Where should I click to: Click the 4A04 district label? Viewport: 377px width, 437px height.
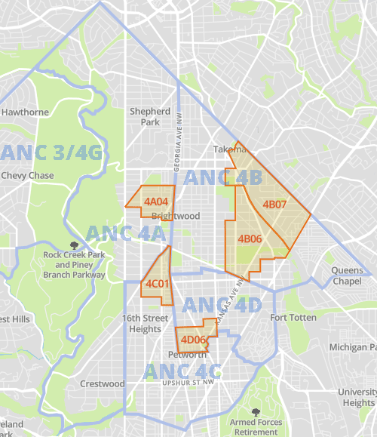coord(156,202)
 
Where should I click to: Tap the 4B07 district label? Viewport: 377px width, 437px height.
coord(274,205)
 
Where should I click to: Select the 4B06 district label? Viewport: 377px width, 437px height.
coord(250,239)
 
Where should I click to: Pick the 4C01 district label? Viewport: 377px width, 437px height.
coord(157,284)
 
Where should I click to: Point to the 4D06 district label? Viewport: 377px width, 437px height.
coord(193,340)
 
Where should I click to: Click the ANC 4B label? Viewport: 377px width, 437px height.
coord(222,178)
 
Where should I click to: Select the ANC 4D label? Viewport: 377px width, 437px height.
coord(222,305)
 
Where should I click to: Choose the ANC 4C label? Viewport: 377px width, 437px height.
coord(182,371)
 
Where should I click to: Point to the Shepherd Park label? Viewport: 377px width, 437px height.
coord(145,116)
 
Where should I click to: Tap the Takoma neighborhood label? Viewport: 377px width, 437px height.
coord(229,149)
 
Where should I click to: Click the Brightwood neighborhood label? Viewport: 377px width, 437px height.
coord(176,216)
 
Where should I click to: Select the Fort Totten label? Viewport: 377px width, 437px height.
coord(293,318)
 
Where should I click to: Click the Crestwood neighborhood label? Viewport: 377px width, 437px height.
coord(103,383)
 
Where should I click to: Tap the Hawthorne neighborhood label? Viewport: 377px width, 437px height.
coord(25,112)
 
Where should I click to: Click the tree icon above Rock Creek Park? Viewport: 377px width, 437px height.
coord(73,245)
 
